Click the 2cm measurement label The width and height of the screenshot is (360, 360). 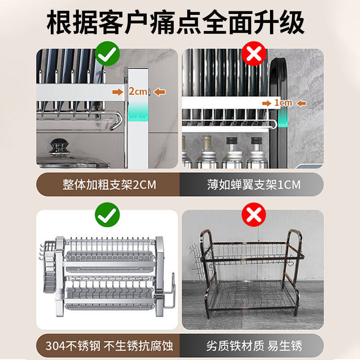point(138,92)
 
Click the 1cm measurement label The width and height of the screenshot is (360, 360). point(283,103)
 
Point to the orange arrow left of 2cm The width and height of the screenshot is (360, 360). point(118,92)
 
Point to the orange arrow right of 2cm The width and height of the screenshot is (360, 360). point(159,92)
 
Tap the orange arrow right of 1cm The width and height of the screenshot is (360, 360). point(301,103)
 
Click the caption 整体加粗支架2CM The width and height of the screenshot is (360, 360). point(109,185)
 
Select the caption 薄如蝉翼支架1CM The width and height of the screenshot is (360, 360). point(253,185)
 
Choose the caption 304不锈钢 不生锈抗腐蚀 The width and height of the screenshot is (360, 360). point(109,346)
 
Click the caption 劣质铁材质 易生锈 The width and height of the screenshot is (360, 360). point(253,346)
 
